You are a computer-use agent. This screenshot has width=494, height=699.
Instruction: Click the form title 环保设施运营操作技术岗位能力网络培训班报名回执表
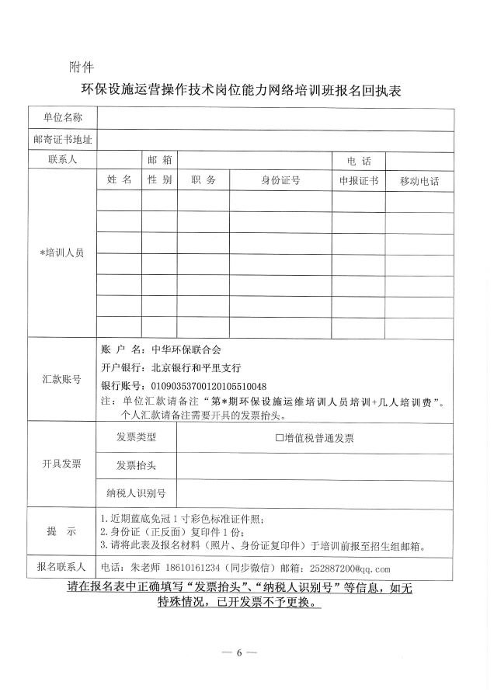coord(247,90)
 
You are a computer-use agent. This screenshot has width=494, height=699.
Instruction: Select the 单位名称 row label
coord(62,118)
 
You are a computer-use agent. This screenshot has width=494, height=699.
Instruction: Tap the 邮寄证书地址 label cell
coord(62,141)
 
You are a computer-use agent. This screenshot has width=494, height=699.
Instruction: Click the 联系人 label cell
coord(62,159)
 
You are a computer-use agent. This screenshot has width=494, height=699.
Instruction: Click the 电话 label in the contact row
coord(359,161)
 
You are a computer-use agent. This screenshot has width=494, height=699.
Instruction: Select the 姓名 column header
coord(120,180)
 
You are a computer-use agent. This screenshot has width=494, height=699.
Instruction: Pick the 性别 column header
coord(159,180)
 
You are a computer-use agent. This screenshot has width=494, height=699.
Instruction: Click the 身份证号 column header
coord(280,181)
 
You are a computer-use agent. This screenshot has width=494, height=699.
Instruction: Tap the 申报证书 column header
coord(359,181)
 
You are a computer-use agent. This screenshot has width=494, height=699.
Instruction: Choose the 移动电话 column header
coord(419,181)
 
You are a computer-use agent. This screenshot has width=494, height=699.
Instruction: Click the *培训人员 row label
coord(62,254)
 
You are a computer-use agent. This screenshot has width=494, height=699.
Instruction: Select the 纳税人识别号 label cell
coord(136,492)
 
